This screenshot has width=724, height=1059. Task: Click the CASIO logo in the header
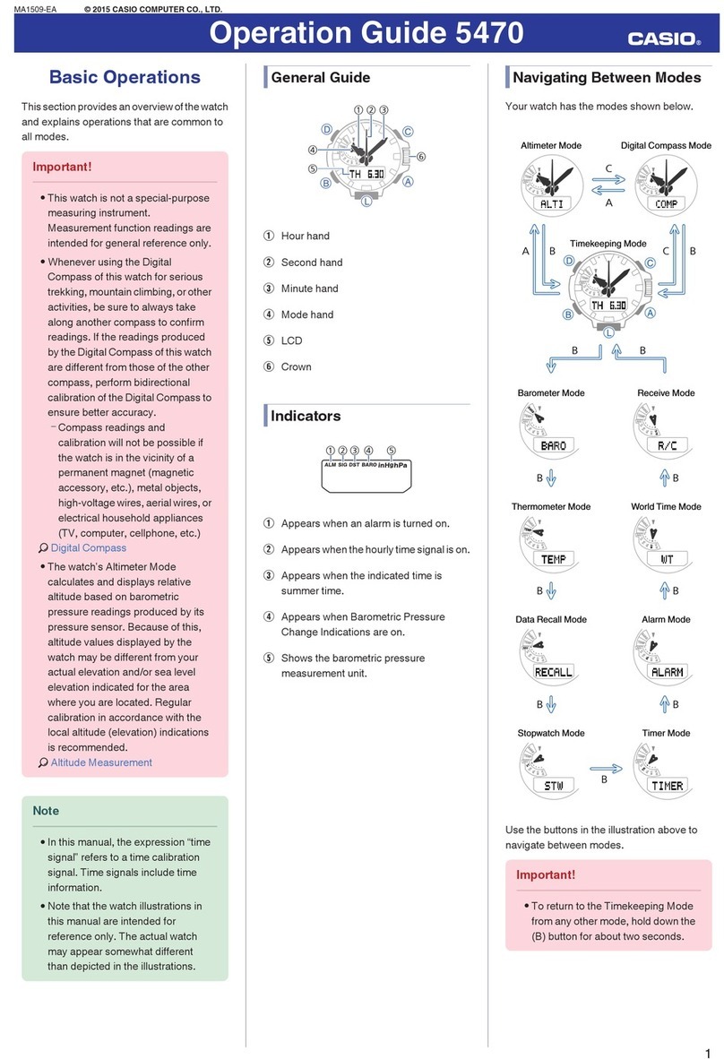click(664, 39)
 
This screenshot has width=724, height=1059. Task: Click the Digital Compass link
click(88, 547)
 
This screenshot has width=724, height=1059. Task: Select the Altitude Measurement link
click(100, 762)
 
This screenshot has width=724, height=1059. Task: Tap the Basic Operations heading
click(125, 77)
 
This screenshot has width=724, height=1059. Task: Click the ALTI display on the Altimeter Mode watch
click(552, 203)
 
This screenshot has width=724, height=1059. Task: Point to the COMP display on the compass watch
click(666, 203)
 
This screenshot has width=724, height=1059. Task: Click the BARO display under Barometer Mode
click(553, 445)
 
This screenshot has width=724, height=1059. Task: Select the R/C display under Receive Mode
click(667, 445)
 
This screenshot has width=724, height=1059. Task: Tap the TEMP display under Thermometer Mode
click(553, 559)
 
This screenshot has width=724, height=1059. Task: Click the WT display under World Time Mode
click(667, 559)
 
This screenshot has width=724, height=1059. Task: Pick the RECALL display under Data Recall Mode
click(553, 672)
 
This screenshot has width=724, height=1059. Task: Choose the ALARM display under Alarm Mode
click(667, 672)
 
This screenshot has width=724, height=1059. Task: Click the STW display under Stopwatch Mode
click(553, 786)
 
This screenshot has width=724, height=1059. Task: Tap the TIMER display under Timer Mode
click(667, 786)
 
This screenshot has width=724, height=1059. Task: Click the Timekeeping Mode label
click(608, 244)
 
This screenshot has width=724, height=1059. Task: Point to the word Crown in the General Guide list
click(296, 366)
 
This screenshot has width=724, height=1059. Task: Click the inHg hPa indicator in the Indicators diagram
click(392, 464)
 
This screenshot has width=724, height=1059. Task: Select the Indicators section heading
click(306, 416)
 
